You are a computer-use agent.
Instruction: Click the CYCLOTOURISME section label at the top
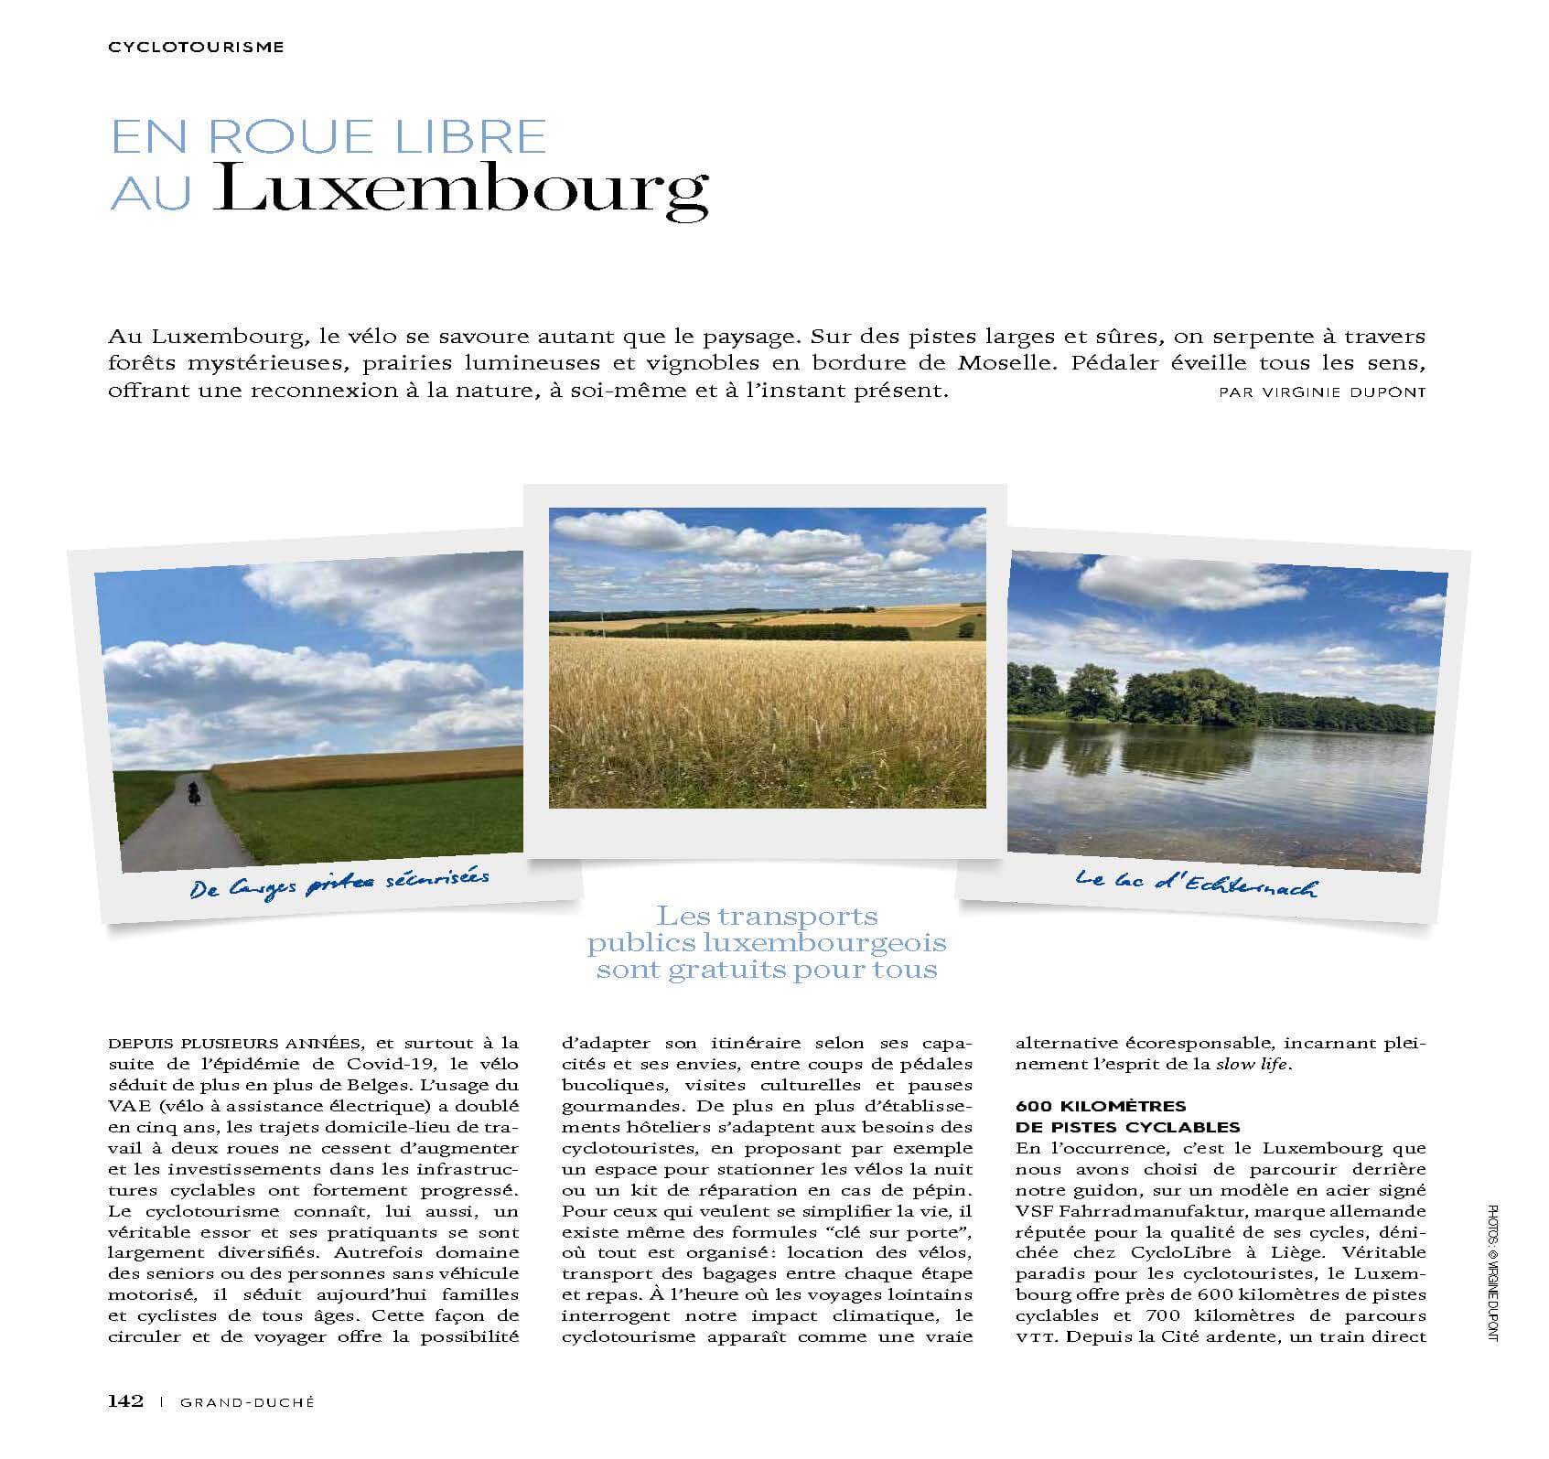tap(196, 47)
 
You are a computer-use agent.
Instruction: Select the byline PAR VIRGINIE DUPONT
tap(1322, 392)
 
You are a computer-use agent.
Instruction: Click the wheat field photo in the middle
tap(767, 659)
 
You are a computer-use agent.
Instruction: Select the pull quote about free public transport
tap(767, 942)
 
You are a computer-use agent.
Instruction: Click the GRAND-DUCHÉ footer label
tap(247, 1402)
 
